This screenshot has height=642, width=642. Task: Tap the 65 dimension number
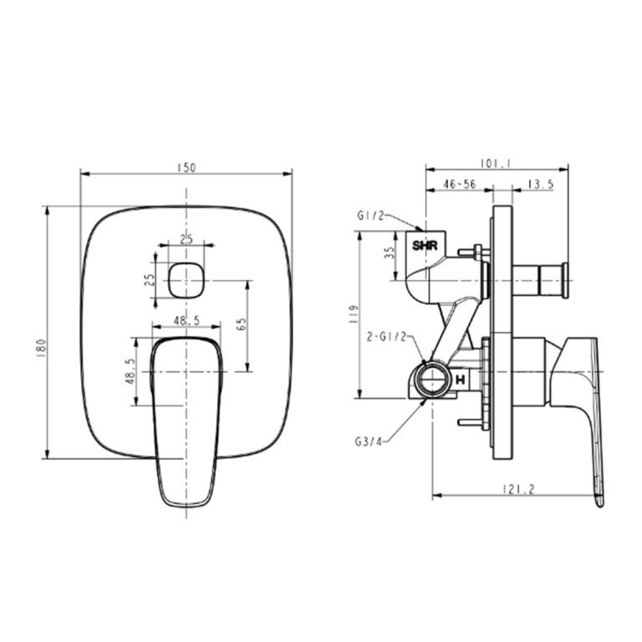(x=241, y=326)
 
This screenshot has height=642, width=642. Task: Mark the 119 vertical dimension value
(x=354, y=315)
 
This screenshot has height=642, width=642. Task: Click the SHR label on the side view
(x=425, y=246)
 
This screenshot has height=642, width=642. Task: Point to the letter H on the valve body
(x=461, y=380)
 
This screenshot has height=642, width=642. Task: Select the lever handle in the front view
(x=186, y=418)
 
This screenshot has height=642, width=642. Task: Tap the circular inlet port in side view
(x=432, y=379)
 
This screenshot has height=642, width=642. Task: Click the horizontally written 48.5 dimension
(x=186, y=319)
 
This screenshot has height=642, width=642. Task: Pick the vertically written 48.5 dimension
(x=128, y=370)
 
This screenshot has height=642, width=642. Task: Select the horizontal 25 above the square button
(x=186, y=239)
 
